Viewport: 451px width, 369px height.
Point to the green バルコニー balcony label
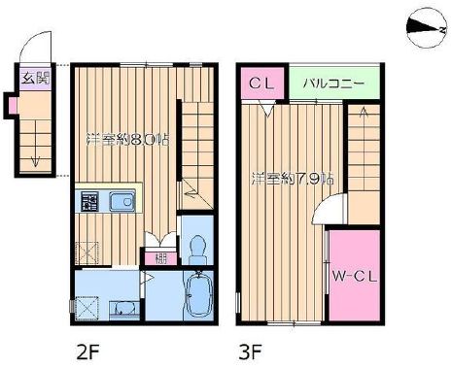coord(333,84)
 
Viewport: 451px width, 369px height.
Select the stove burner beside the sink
coord(90,202)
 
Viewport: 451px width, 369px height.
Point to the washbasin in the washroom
coord(123,309)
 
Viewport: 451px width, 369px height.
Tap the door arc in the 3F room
coord(336,208)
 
